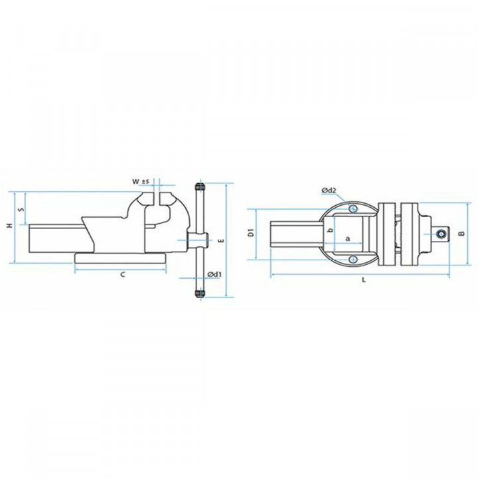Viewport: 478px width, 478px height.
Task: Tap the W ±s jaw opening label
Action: pyautogui.click(x=140, y=181)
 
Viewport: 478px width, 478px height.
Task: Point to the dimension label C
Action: pyautogui.click(x=122, y=275)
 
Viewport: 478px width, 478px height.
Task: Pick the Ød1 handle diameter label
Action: pyautogui.click(x=214, y=274)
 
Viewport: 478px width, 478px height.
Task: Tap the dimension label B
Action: pyautogui.click(x=460, y=233)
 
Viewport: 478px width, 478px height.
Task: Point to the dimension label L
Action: pyautogui.click(x=363, y=280)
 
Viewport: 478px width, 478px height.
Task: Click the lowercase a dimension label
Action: pyautogui.click(x=347, y=237)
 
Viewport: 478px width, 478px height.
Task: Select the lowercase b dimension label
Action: pyautogui.click(x=330, y=230)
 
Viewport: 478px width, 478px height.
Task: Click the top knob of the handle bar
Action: pyautogui.click(x=199, y=187)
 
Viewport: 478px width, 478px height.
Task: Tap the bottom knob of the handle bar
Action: pyautogui.click(x=199, y=291)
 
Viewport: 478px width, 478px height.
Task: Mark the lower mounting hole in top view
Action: pyautogui.click(x=354, y=258)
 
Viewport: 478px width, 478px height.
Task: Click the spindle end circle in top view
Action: pyautogui.click(x=440, y=233)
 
